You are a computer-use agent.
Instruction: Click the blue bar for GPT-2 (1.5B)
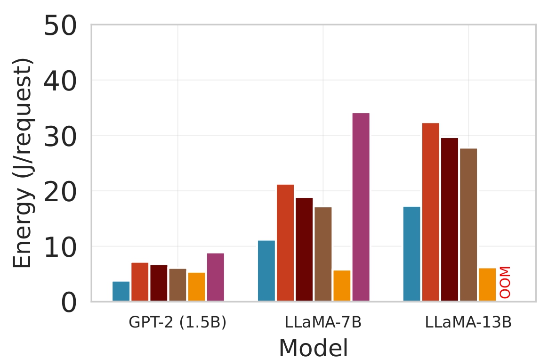121,292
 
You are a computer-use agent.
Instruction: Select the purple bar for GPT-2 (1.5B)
216,278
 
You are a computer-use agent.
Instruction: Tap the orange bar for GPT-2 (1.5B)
196,287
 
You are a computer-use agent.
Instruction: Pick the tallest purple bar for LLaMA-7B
361,207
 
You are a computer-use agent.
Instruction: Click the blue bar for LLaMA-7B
266,271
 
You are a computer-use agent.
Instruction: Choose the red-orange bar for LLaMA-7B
285,243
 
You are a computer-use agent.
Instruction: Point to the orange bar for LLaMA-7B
342,286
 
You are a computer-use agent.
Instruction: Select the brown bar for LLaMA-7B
323,254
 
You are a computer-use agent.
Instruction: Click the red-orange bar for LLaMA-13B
431,212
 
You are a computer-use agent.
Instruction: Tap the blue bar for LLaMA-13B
412,254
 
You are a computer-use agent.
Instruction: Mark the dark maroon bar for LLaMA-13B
450,220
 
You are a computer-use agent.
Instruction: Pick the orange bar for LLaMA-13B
487,285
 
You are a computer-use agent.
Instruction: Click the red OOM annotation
505,282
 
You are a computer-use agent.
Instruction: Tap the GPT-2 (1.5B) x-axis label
177,324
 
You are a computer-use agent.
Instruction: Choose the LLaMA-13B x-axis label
468,324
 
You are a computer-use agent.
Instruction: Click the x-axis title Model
314,348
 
